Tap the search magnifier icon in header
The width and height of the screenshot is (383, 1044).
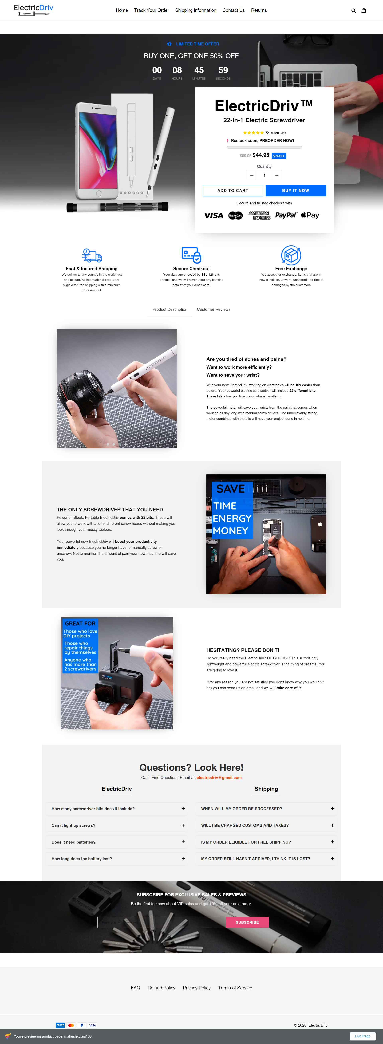pyautogui.click(x=353, y=11)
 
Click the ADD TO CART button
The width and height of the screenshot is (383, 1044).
pyautogui.click(x=233, y=190)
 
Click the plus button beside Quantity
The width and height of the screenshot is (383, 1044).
pyautogui.click(x=277, y=175)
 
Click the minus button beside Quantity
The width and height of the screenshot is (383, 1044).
pyautogui.click(x=252, y=175)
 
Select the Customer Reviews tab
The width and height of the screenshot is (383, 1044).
pyautogui.click(x=214, y=310)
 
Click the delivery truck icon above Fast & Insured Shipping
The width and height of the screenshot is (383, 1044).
pyautogui.click(x=92, y=255)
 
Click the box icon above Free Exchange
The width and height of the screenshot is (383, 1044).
pyautogui.click(x=291, y=255)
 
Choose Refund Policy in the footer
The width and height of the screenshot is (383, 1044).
pyautogui.click(x=161, y=988)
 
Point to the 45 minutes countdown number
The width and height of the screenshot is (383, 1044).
pyautogui.click(x=199, y=71)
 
